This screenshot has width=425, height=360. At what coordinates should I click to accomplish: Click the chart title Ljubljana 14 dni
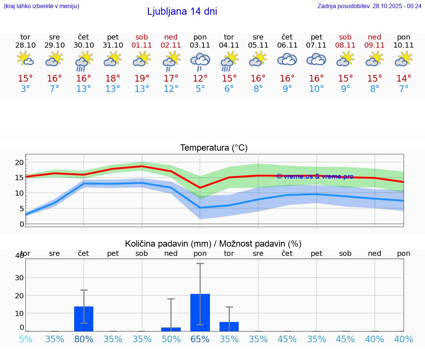click(x=182, y=11)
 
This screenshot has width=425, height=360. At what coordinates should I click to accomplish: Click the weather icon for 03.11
click(x=200, y=61)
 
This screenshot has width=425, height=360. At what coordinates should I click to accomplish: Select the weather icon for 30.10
click(x=84, y=61)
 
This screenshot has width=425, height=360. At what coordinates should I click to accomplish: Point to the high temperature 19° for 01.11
click(x=142, y=79)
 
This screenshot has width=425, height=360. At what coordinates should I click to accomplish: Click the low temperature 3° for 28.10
click(x=25, y=89)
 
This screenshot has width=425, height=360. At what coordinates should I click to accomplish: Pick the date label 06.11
click(x=287, y=45)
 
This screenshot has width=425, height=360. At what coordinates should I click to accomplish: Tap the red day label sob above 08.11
click(x=345, y=37)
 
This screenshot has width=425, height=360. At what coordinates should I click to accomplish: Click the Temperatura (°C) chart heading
click(x=214, y=148)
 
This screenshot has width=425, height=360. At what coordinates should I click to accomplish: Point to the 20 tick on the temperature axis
click(x=19, y=162)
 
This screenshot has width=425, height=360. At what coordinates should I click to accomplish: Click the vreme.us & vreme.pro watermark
click(x=315, y=176)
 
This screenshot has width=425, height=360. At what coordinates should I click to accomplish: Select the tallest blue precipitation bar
click(x=200, y=312)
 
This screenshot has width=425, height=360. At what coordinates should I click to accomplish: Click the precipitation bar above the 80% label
click(x=84, y=319)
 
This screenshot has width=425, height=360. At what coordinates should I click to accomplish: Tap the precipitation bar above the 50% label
click(x=171, y=329)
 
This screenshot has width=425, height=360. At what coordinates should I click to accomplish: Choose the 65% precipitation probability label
click(x=200, y=339)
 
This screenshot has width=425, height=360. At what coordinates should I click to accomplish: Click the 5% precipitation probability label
click(x=25, y=339)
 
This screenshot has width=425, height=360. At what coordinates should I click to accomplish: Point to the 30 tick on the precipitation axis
click(x=19, y=278)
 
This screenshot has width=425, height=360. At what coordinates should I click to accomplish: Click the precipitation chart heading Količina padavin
click(x=213, y=244)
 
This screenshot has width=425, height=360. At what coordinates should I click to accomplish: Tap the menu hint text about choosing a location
click(x=41, y=6)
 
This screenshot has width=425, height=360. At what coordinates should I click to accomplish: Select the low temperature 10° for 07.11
click(x=316, y=89)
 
